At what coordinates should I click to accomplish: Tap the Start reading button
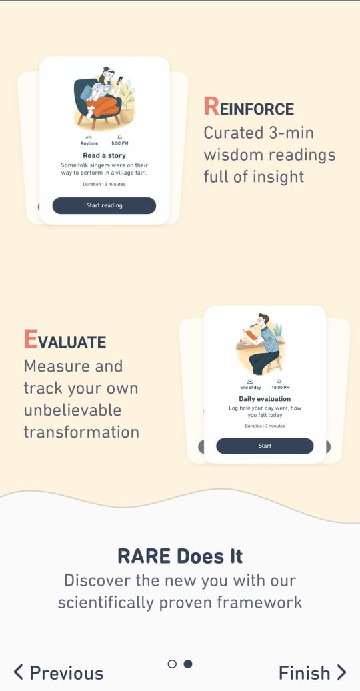click(104, 206)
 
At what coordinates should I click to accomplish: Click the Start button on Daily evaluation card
click(265, 446)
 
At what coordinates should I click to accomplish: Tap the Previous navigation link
click(59, 673)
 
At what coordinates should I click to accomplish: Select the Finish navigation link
click(313, 673)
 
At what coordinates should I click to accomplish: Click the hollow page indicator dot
click(172, 664)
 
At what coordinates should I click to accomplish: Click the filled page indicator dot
click(188, 664)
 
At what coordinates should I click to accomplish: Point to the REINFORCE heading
click(249, 107)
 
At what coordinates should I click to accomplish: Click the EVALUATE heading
click(65, 340)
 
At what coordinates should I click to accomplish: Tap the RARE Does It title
click(180, 556)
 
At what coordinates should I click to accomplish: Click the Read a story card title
click(104, 155)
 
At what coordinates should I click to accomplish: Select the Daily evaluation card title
click(265, 399)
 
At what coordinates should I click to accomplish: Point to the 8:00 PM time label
click(119, 143)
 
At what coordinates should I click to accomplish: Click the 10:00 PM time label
click(280, 388)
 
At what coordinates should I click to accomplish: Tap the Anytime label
click(89, 143)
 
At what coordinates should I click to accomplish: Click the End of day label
click(250, 388)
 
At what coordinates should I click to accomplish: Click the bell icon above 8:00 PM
click(119, 137)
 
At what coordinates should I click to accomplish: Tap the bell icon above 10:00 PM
click(279, 381)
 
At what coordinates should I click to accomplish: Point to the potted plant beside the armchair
click(127, 101)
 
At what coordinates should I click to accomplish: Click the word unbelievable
click(73, 410)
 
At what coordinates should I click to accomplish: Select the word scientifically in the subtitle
click(106, 602)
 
